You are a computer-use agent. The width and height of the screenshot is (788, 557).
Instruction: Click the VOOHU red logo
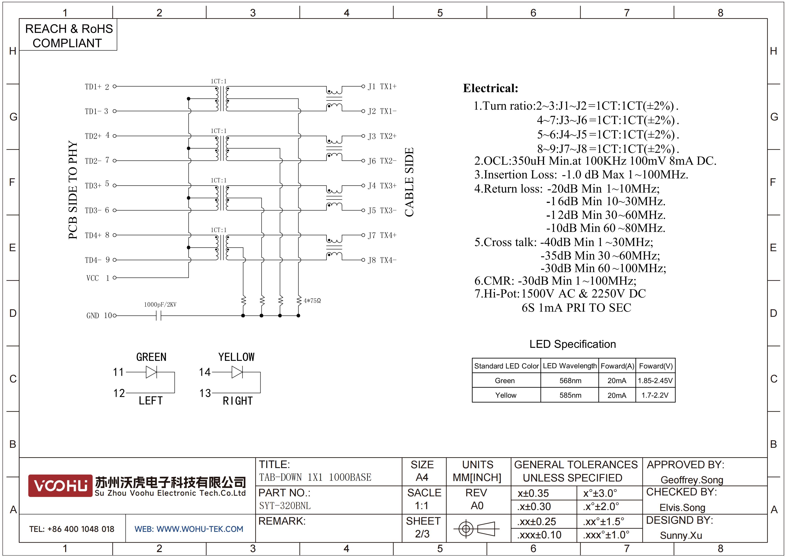pos(60,486)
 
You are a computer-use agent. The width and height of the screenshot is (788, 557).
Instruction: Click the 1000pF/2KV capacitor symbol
pos(159,315)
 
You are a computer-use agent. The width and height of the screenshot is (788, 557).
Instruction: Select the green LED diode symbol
pos(151,372)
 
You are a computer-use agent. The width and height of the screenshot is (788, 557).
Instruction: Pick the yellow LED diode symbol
pos(237,372)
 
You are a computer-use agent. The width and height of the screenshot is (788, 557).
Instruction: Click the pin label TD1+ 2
pos(97,87)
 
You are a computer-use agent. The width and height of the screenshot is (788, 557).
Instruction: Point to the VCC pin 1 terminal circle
pos(115,278)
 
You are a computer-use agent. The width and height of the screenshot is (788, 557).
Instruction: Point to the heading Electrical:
pos(490,88)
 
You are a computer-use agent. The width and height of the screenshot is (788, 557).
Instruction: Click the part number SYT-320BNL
pos(285,506)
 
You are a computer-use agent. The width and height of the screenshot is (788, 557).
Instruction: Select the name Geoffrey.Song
pos(692,480)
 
